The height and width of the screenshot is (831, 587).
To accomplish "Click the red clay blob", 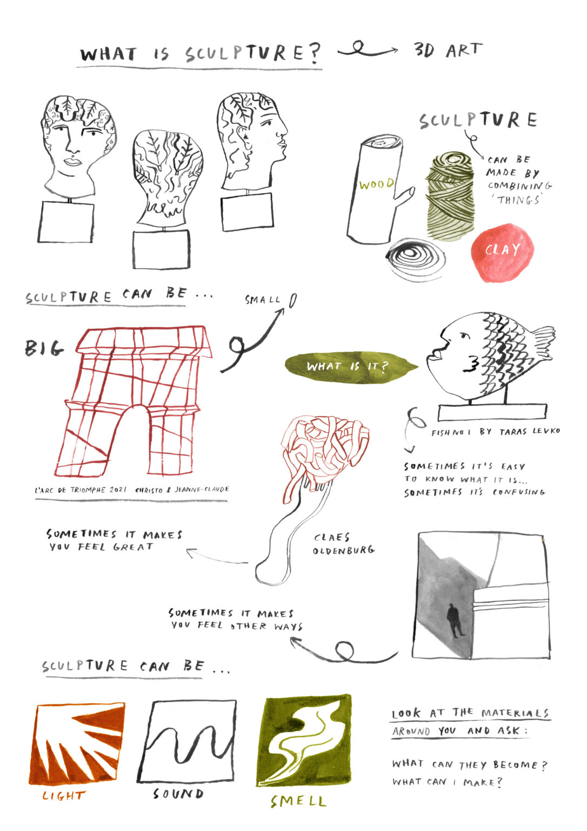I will (502, 252).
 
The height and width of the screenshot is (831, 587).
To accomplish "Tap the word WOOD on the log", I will (376, 184).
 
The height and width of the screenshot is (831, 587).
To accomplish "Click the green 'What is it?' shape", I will (350, 367).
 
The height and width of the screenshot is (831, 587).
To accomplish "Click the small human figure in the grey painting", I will (455, 621).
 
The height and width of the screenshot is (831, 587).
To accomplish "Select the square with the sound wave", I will (187, 741).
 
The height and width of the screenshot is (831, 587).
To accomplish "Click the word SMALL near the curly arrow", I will (263, 300).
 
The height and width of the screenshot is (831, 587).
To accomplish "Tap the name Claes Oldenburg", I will (343, 544).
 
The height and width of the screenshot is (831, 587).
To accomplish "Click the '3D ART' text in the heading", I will (448, 50).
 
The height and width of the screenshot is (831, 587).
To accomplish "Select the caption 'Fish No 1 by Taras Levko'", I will (495, 432).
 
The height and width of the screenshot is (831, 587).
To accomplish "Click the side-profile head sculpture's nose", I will (284, 132).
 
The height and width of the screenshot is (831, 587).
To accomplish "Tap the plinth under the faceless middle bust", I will (161, 249).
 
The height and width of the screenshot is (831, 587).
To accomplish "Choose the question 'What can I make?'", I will (447, 782).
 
